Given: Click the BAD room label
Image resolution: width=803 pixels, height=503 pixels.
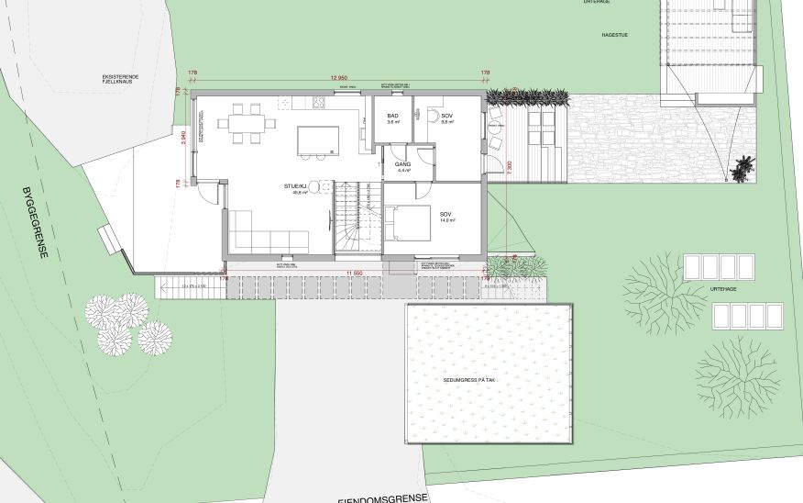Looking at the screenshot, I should tap(392, 117).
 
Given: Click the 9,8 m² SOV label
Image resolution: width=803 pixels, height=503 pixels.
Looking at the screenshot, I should tap(447, 117).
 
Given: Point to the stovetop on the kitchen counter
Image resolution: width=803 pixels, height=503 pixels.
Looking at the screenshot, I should tap(320, 101).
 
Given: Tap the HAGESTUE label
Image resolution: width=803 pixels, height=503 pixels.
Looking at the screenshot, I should tap(614, 34).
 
